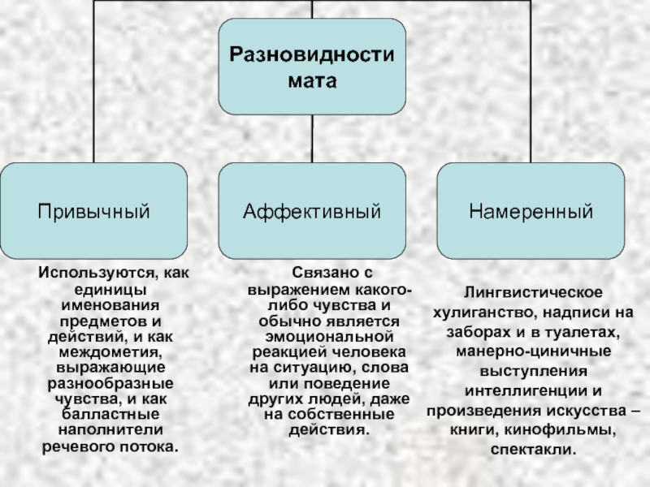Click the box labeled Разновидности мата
click(x=312, y=67)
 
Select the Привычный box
click(x=93, y=211)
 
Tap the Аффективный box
click(x=312, y=211)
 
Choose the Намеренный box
click(x=531, y=211)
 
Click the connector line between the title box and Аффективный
click(x=312, y=138)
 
